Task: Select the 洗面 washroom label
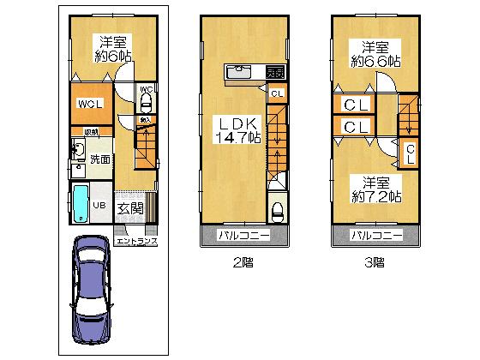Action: (99, 159)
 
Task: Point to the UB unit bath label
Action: (99, 206)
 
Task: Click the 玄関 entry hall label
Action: (130, 208)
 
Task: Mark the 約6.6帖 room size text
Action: (375, 61)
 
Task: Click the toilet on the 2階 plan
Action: (277, 211)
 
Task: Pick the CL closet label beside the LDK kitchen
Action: (276, 94)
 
